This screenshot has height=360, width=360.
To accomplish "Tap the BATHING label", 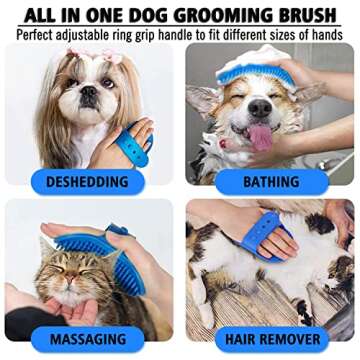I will point(272,182).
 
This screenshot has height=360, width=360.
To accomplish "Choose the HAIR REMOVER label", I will point(273,340).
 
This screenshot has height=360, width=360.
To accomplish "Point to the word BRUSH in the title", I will point(306,13).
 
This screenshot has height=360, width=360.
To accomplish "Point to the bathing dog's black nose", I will point(261,109).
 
